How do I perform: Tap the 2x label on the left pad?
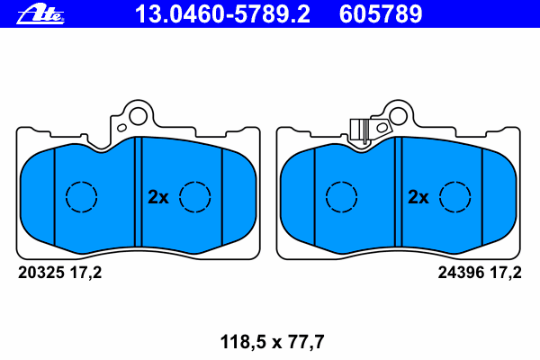point(157,196)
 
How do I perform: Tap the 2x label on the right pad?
point(418,196)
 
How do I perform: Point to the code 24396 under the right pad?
point(462,273)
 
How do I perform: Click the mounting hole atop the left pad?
point(137,115)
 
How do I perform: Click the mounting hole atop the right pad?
point(397,115)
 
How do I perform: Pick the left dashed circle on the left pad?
point(82,196)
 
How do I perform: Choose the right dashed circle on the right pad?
point(454,196)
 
